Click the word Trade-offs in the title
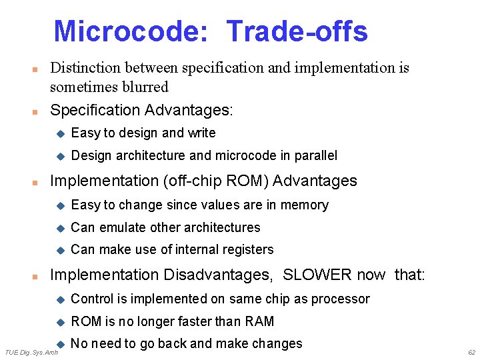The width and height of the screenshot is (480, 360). [x=297, y=31]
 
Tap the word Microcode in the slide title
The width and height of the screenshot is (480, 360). [x=130, y=31]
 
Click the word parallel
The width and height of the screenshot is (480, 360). [x=315, y=155]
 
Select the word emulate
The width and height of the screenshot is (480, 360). [x=123, y=227]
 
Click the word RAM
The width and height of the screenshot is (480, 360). [x=259, y=321]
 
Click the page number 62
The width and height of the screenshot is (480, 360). [x=471, y=352]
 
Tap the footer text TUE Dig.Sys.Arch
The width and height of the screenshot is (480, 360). [x=31, y=352]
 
